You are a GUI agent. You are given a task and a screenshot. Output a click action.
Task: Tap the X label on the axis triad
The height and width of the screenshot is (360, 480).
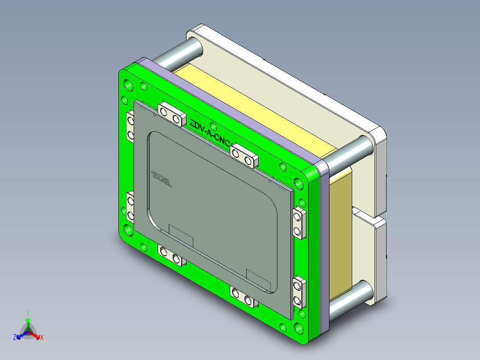(42, 338)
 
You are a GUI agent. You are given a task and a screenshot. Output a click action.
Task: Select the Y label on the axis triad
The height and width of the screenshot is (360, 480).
(28, 313)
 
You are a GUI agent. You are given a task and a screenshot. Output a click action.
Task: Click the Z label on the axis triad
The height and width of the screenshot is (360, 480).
(15, 338)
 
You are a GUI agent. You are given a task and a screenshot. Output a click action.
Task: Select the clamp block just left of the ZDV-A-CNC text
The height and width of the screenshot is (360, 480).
(171, 114)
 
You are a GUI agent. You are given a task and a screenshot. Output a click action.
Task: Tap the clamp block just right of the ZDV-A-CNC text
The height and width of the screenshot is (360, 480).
(244, 155)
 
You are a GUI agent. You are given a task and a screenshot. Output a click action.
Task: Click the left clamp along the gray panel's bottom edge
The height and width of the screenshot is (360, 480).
(171, 255)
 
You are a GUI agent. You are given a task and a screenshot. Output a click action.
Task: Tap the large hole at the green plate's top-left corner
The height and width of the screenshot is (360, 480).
(128, 84)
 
